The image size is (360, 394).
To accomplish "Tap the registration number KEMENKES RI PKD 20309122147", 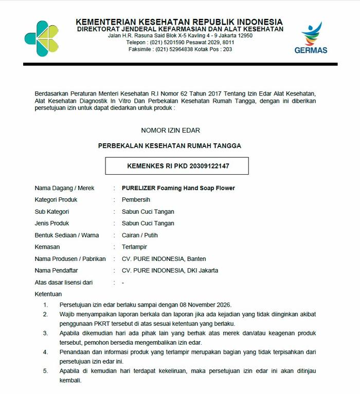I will pos(177,166).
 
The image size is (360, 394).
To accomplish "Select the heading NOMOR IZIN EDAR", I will pos(170,130).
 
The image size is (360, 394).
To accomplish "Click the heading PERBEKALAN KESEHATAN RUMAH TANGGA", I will pos(170,146).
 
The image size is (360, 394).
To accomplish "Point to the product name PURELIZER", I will pos(138,188).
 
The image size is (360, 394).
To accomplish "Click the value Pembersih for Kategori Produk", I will pos(136,200).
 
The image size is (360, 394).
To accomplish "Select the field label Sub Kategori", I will pos(52,212).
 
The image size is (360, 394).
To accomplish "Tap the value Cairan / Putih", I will pos(139,235).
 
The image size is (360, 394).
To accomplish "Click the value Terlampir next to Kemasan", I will pos(134,247).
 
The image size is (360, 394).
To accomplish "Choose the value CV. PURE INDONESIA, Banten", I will pos(164,259).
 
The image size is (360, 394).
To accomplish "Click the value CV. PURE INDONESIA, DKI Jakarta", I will pos(170,270).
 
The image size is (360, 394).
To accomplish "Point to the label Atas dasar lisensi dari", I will pos(63,282).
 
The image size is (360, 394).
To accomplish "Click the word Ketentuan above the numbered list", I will pos(48,294).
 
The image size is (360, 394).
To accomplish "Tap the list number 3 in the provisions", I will pos(46,333).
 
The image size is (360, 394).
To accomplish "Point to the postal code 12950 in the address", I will pos(244,35).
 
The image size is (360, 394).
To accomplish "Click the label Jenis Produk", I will pos(52,223).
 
